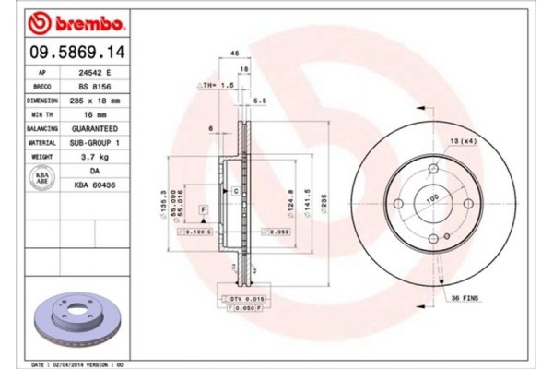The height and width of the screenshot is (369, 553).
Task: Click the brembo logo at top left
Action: (65, 19)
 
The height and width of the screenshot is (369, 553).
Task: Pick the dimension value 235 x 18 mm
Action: (95, 100)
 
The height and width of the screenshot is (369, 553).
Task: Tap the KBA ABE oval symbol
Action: (41, 179)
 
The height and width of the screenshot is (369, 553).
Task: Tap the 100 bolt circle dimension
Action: (430, 197)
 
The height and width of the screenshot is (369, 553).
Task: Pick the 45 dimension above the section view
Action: (234, 54)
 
